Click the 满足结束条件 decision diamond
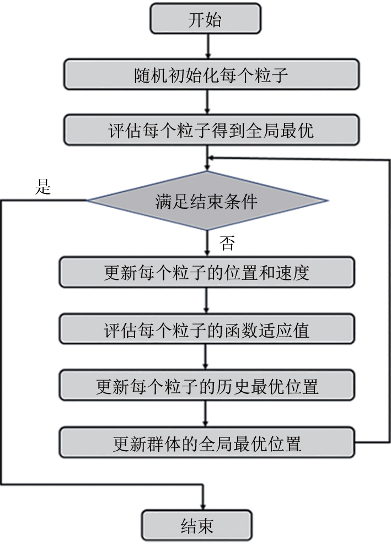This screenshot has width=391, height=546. [x=207, y=201]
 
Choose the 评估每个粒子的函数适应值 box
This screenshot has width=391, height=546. [x=207, y=331]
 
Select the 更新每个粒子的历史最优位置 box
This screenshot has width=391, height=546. [x=207, y=386]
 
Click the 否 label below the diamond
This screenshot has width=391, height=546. [x=227, y=243]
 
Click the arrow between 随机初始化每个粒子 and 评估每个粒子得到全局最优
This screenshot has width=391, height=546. [x=207, y=102]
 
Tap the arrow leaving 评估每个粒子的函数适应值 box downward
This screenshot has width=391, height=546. [x=207, y=357]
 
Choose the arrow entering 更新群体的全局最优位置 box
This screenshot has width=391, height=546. [x=207, y=414]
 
